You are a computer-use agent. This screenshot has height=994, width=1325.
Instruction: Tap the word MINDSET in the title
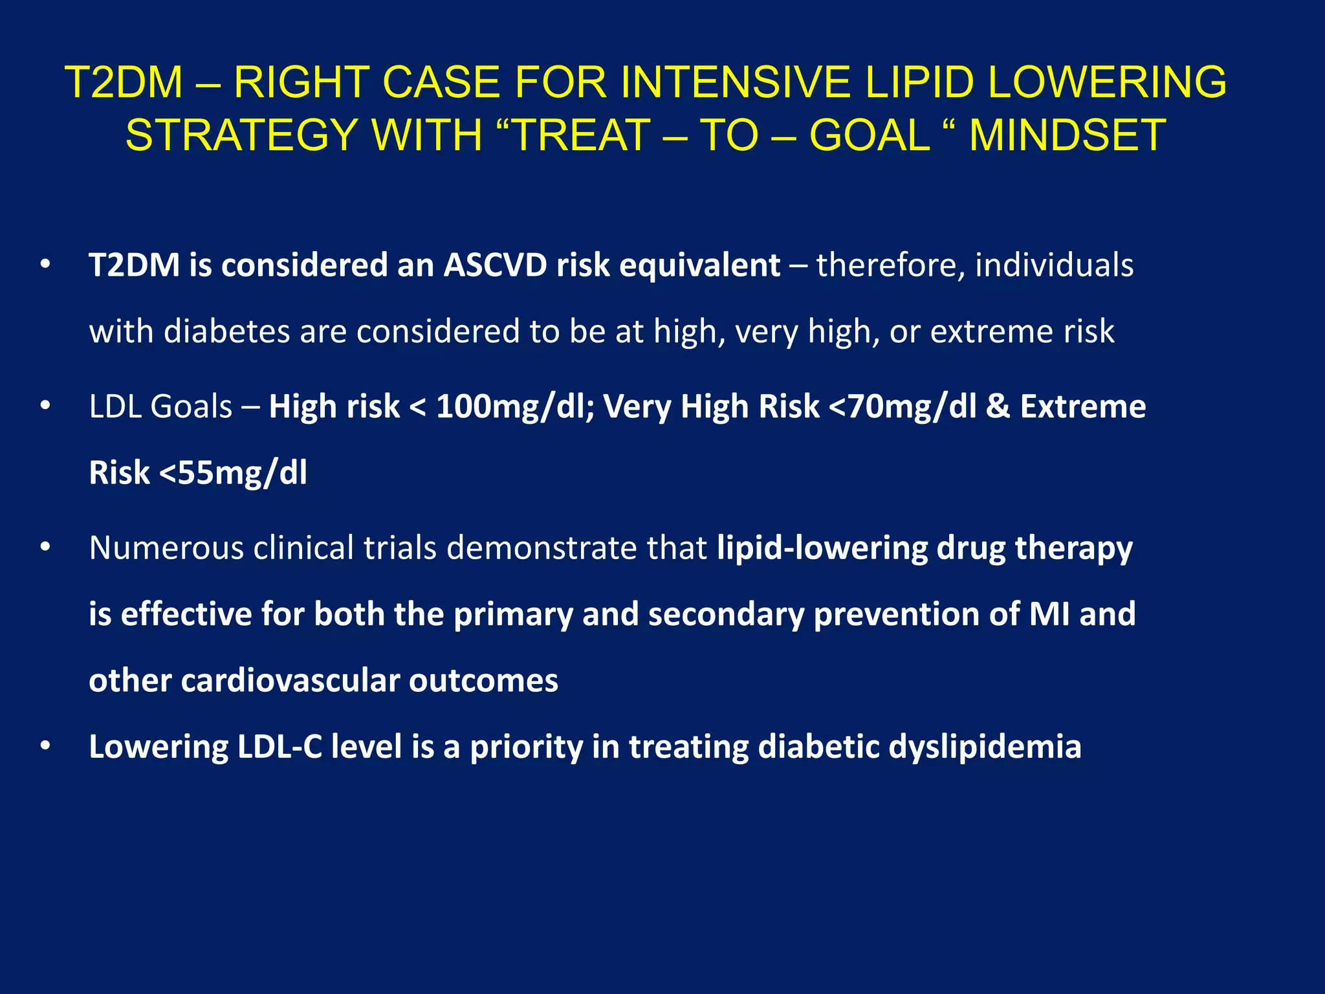coord(1068,136)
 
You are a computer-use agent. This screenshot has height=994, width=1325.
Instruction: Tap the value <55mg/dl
coord(233,472)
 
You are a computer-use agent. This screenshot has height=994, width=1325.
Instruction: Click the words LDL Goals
coord(160,406)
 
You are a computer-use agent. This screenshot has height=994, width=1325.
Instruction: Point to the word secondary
coord(726,613)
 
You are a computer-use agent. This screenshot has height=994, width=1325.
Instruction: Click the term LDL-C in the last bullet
coord(279,746)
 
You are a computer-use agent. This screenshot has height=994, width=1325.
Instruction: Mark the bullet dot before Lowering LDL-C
coord(45,746)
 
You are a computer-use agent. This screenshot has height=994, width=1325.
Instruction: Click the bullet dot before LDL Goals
coord(45,406)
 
